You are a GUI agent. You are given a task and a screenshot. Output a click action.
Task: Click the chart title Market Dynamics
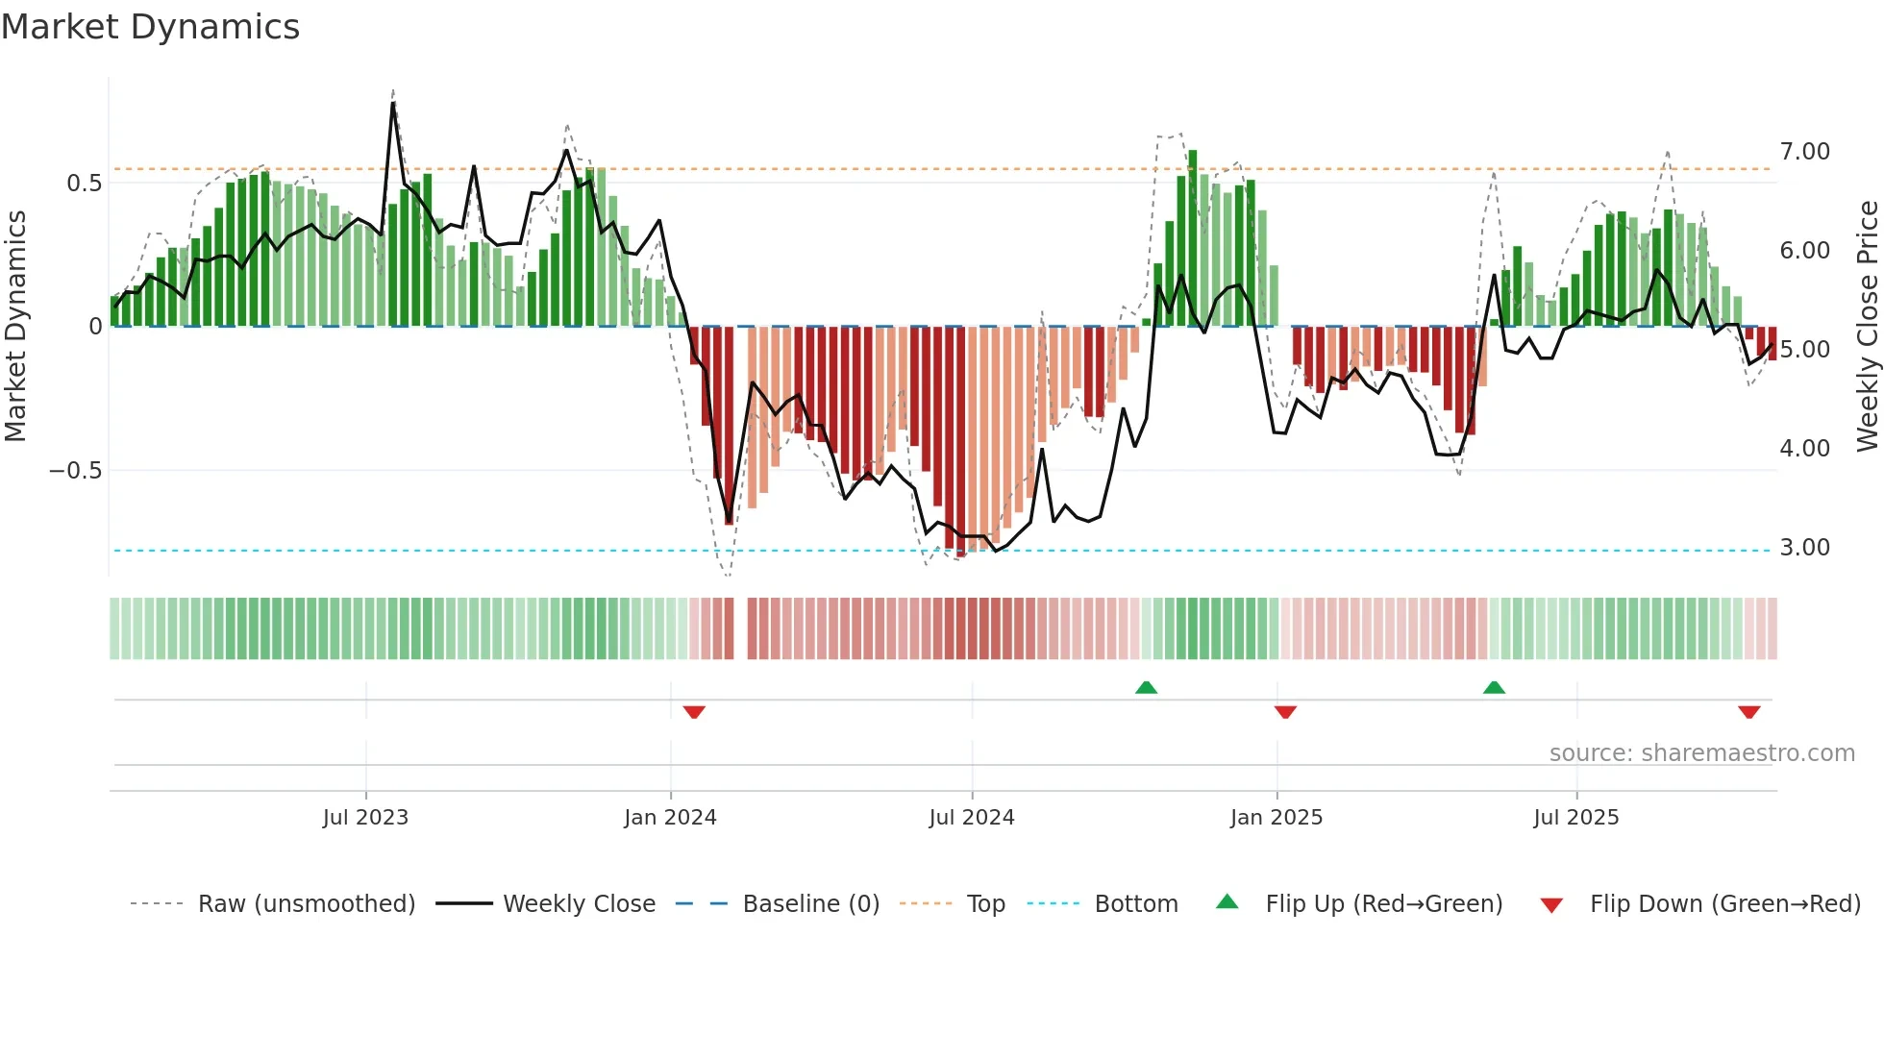point(150,27)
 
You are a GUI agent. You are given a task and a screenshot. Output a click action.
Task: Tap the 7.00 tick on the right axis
point(1804,152)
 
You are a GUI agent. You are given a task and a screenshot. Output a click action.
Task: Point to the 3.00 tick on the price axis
point(1804,548)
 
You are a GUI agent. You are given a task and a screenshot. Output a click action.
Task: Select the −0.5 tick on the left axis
point(75,471)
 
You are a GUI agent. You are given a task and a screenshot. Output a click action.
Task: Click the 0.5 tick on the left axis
point(84,184)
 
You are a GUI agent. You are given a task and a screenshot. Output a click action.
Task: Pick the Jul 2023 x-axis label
point(365,818)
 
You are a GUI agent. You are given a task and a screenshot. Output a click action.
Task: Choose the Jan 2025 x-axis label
point(1276,818)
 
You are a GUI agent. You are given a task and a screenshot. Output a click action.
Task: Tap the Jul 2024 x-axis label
point(971,818)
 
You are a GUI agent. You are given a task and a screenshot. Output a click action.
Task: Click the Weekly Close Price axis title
point(1867,327)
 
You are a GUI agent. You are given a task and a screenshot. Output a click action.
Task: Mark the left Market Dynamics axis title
point(15,327)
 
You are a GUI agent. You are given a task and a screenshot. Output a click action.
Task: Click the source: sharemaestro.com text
point(1701,753)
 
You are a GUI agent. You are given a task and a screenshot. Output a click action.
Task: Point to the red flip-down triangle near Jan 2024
point(694,712)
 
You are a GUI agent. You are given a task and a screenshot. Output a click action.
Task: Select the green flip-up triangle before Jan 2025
point(1146,687)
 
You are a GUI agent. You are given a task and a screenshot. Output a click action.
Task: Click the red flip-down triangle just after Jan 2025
point(1285,712)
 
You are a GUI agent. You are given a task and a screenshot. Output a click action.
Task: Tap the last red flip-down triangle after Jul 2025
point(1748,712)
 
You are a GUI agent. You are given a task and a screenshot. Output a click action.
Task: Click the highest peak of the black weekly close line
point(393,103)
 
